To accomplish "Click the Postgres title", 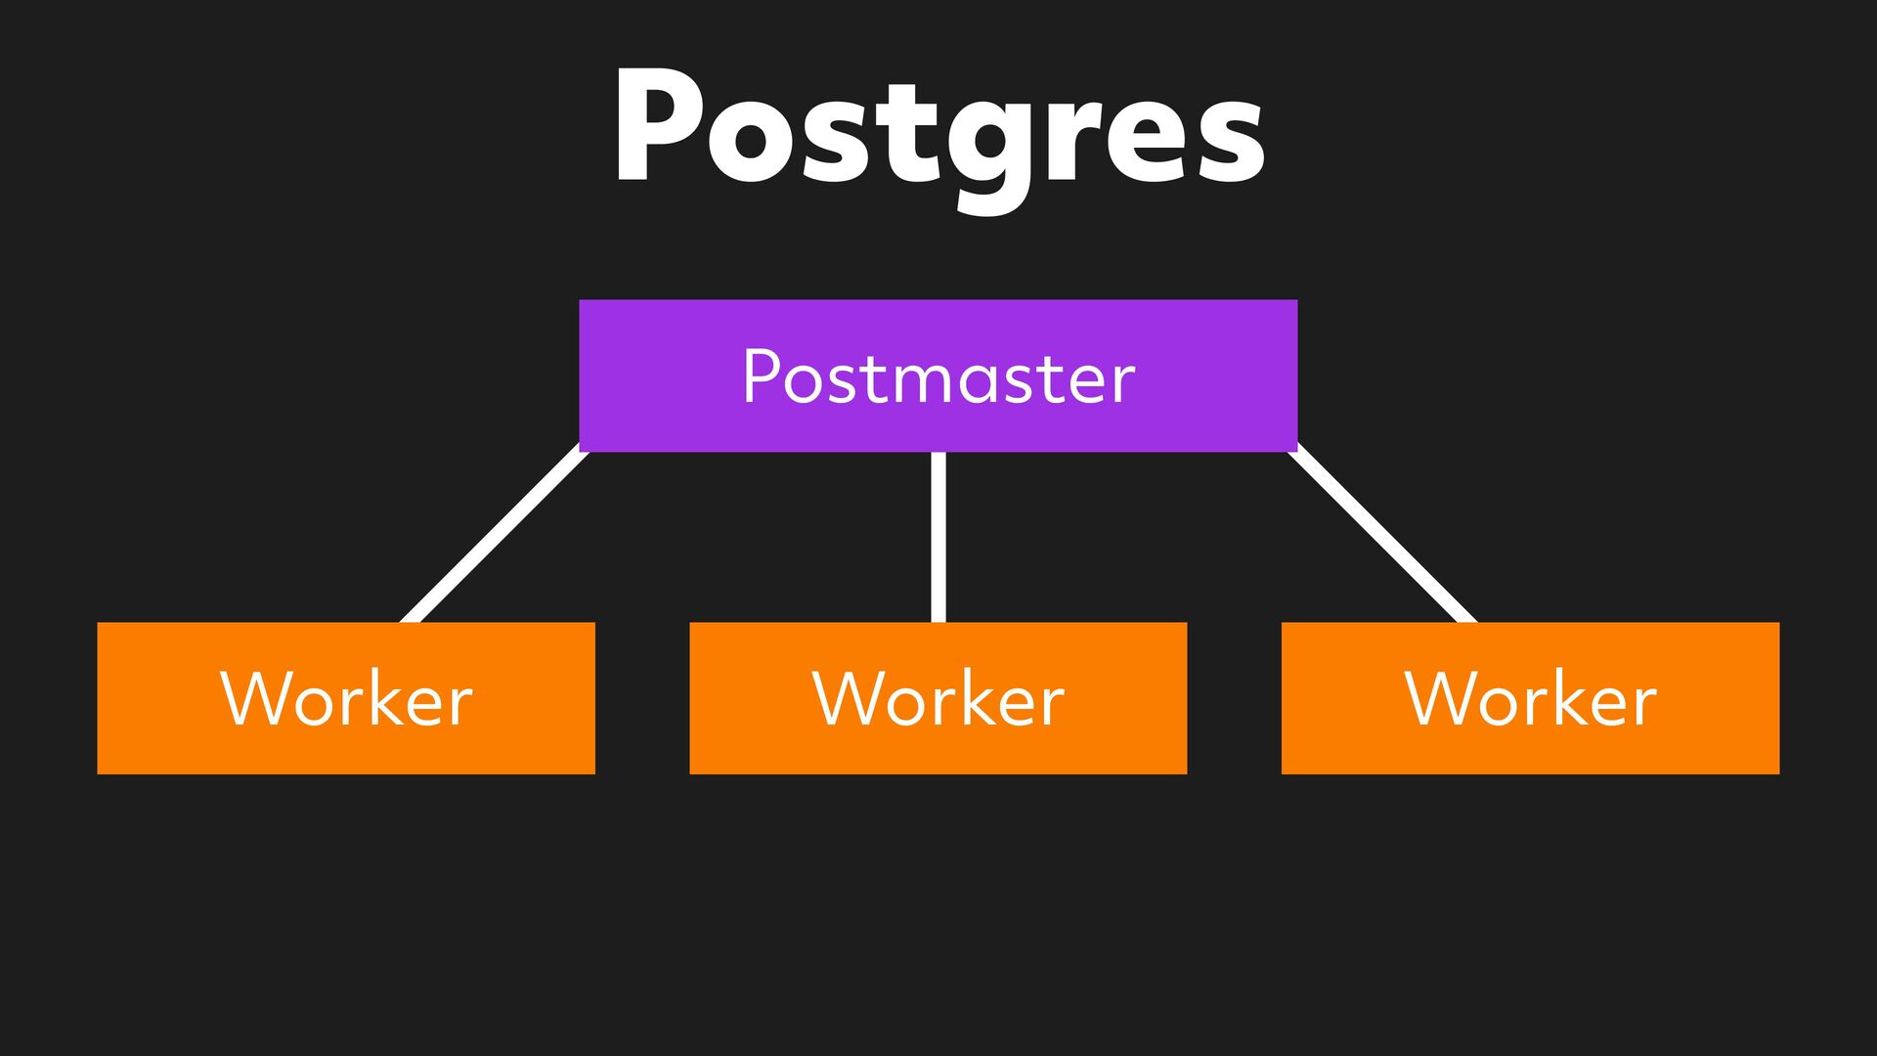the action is point(938,132).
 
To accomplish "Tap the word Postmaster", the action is point(938,377).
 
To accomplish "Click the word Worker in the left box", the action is point(346,699).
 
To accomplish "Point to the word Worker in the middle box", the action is point(938,699).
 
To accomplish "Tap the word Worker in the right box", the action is point(1530,699).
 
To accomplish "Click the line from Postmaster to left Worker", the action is point(495,536).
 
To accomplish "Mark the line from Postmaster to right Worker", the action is point(1382,536).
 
